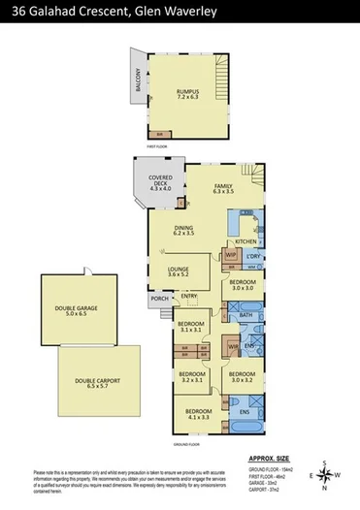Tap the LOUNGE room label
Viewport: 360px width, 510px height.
click(x=179, y=271)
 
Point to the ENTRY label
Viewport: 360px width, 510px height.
click(x=188, y=296)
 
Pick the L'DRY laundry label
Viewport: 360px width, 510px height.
click(x=253, y=257)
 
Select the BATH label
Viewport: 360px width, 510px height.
click(x=245, y=314)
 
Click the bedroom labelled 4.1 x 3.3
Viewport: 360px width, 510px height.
click(x=198, y=414)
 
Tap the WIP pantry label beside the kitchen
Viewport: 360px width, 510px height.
click(x=229, y=254)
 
